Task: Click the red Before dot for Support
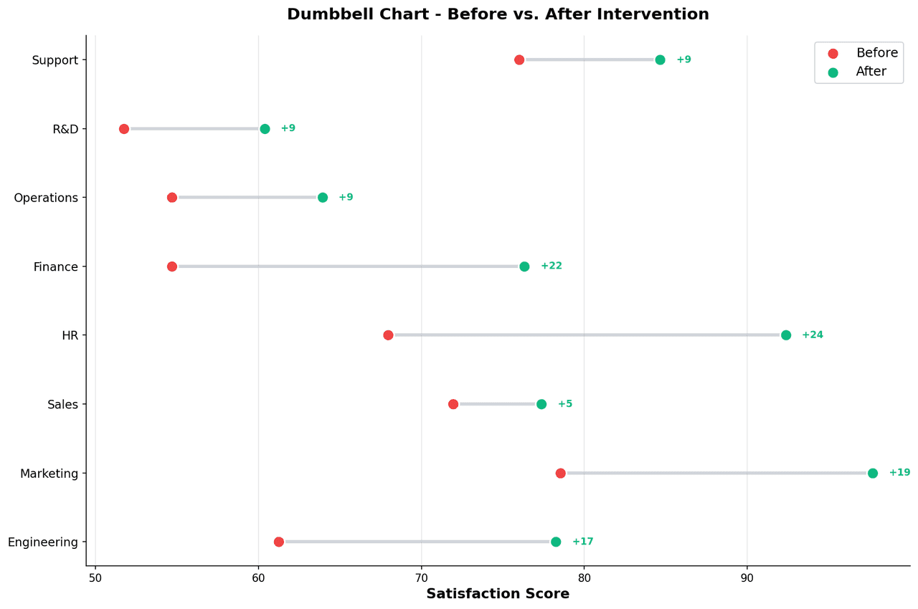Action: coord(519,59)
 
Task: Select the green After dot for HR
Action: coord(786,335)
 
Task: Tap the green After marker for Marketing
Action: coord(873,473)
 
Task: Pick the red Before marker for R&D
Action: coord(124,129)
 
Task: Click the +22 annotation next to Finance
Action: coord(551,266)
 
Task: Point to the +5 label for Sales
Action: coord(565,404)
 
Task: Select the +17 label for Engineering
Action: coord(582,542)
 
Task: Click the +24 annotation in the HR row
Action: coord(813,335)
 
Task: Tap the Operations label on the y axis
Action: coord(46,198)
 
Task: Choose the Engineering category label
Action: coord(43,542)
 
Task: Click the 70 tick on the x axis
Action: coord(421,577)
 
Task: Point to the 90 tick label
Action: coord(747,577)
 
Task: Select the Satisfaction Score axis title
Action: coord(498,594)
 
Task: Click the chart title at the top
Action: coord(498,14)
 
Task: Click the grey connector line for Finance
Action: coord(348,267)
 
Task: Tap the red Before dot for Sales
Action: coord(453,404)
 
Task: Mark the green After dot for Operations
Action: coord(323,198)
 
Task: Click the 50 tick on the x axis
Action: coord(95,577)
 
